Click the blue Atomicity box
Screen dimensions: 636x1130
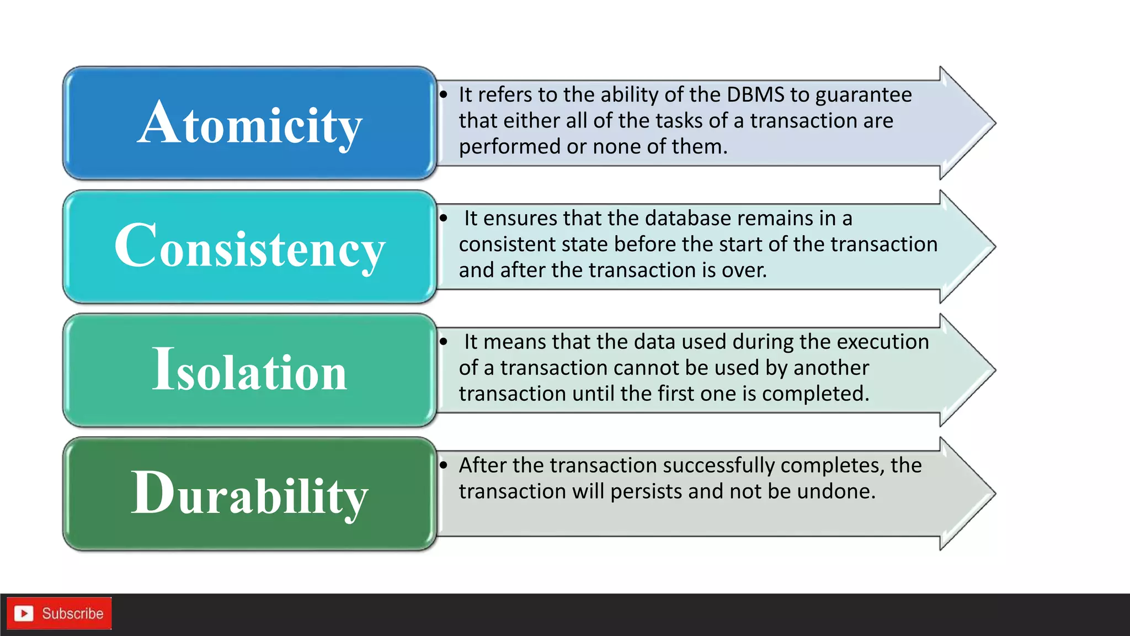point(249,123)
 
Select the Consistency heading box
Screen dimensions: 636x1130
point(249,247)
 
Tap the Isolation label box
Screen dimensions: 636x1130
point(249,370)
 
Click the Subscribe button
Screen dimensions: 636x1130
point(59,613)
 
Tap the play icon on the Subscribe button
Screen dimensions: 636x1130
point(24,613)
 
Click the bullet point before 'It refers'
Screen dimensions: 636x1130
point(444,95)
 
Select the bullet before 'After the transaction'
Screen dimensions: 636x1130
point(444,465)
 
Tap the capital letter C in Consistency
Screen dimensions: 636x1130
point(135,246)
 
